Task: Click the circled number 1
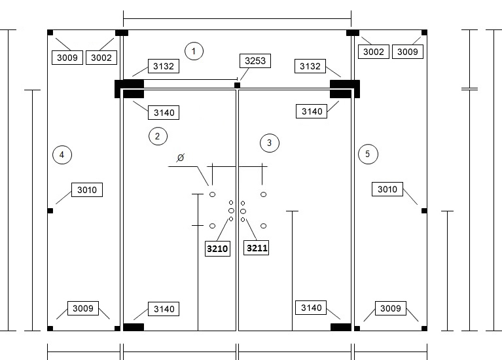(194, 51)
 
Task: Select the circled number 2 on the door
(158, 136)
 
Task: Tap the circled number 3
(270, 143)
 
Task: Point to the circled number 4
(62, 154)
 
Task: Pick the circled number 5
(368, 154)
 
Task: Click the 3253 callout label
(255, 61)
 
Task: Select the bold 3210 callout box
(217, 249)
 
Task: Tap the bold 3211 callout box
(257, 248)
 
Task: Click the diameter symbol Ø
(181, 158)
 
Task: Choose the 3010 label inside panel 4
(87, 190)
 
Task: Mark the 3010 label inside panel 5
(387, 189)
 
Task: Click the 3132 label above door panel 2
(163, 66)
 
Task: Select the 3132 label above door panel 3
(310, 66)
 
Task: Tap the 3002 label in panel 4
(101, 58)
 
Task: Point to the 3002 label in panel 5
(374, 52)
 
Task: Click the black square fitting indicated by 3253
(237, 85)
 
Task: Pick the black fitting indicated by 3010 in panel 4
(50, 211)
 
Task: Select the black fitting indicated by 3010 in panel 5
(424, 211)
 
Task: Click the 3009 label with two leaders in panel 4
(83, 308)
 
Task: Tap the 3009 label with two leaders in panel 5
(391, 308)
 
